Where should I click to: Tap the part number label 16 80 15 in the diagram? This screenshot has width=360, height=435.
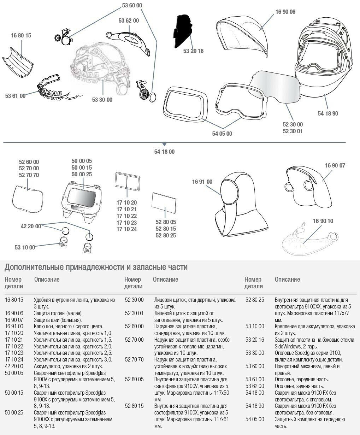(21, 35)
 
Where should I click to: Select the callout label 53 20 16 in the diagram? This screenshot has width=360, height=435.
(193, 51)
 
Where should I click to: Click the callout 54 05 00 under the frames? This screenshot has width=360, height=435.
(222, 134)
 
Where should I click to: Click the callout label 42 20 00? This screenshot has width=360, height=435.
(31, 227)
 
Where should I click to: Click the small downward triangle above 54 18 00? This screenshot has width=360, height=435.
(164, 145)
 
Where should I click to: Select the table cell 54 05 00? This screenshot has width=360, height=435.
(255, 419)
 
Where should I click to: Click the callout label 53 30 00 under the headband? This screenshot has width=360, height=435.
(102, 100)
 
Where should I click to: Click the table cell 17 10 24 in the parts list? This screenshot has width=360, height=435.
(14, 359)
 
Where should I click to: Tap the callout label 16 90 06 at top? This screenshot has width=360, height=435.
(285, 12)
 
